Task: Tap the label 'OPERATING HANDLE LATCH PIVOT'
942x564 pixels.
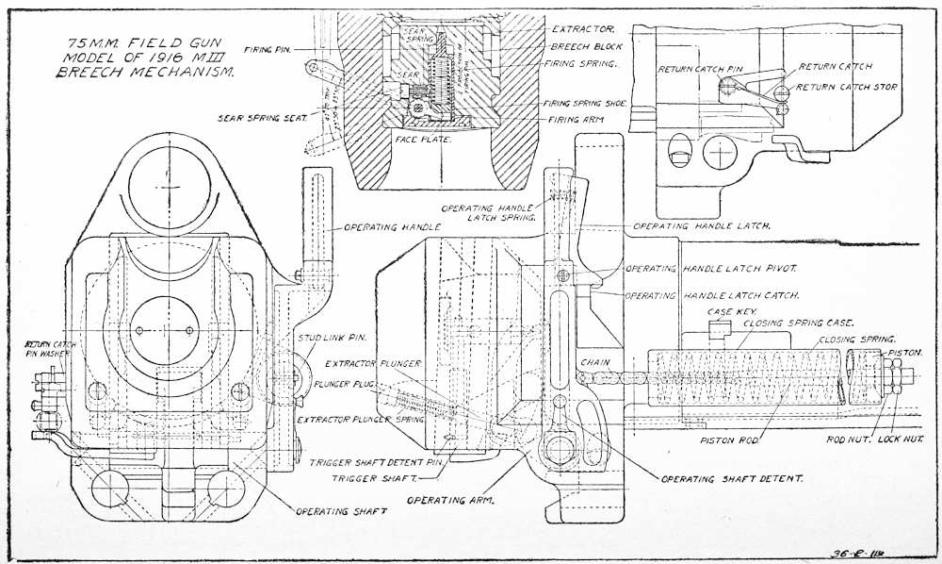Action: [709, 269]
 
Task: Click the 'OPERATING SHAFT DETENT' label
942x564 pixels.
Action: [732, 479]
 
